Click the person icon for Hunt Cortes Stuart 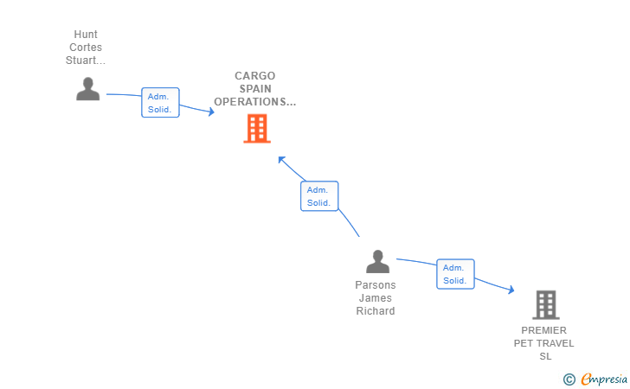(x=87, y=89)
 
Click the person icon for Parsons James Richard (x=377, y=262)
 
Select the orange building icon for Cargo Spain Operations (x=257, y=129)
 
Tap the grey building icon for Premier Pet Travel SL (x=545, y=305)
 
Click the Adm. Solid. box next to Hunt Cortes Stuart (x=160, y=103)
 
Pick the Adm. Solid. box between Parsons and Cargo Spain (x=318, y=196)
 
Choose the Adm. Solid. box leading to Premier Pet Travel (x=455, y=274)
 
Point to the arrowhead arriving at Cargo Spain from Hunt (x=210, y=112)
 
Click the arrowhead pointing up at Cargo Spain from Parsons (x=281, y=160)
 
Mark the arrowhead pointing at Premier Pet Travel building (x=511, y=290)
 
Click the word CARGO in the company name (x=254, y=76)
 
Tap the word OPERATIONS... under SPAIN (x=254, y=102)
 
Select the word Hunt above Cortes (x=86, y=35)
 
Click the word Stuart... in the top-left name (x=86, y=61)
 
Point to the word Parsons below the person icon (x=376, y=285)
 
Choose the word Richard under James (x=376, y=311)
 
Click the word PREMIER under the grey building (x=544, y=330)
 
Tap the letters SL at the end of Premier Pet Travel (x=544, y=356)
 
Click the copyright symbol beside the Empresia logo (x=569, y=379)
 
